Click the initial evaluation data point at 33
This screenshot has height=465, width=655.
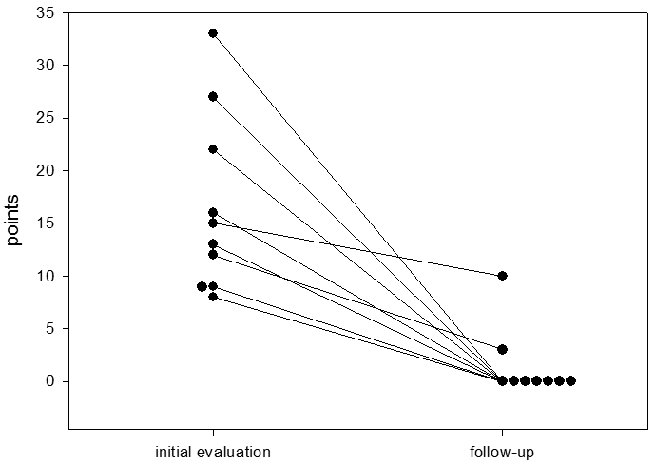coord(213,33)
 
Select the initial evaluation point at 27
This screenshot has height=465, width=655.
coord(213,96)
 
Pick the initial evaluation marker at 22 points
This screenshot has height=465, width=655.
coord(213,149)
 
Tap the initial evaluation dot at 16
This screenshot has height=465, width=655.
coord(213,212)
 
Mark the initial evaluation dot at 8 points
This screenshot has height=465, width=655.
coord(213,297)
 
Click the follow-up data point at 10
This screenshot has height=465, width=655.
coord(502,276)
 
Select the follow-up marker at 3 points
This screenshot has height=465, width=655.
coord(502,349)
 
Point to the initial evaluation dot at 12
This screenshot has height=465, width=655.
coord(213,254)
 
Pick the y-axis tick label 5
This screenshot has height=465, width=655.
coord(50,329)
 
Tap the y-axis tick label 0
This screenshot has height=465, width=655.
coord(50,381)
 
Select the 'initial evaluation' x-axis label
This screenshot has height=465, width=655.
coord(213,450)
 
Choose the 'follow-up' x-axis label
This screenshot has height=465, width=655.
coord(502,450)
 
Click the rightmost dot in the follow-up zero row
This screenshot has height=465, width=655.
coord(570,381)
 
